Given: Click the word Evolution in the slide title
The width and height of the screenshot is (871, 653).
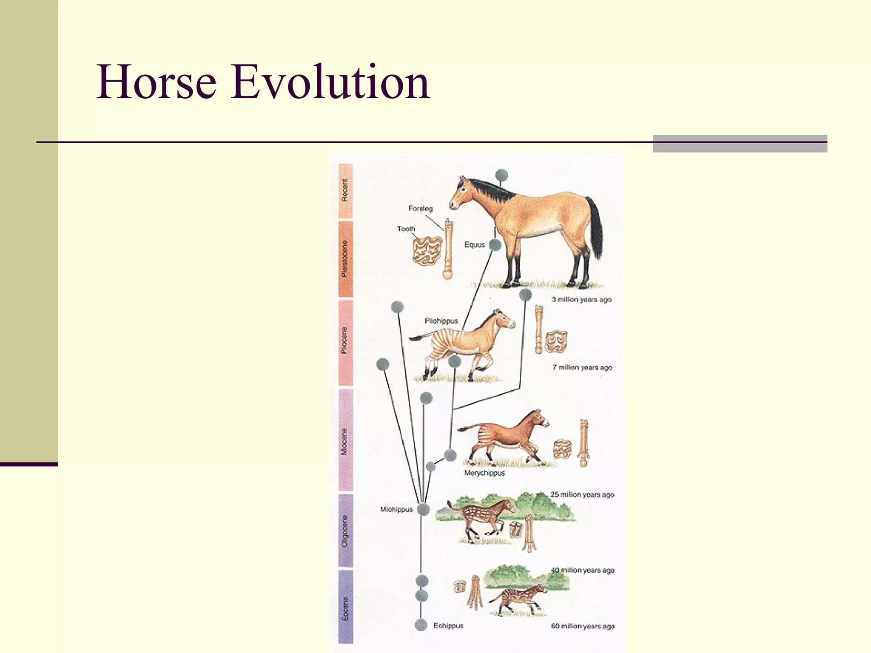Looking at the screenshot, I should pyautogui.click(x=330, y=82).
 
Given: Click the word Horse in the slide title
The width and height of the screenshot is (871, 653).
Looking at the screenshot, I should pyautogui.click(x=156, y=82).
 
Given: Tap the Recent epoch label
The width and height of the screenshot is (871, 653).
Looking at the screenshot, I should pyautogui.click(x=345, y=190).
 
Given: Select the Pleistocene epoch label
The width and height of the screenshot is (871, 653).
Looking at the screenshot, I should pyautogui.click(x=345, y=258).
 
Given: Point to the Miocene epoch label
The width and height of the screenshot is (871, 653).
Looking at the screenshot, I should pyautogui.click(x=345, y=441).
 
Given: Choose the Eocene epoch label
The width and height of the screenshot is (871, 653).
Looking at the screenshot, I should pyautogui.click(x=345, y=608).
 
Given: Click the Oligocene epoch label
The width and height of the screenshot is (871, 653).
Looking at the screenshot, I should pyautogui.click(x=345, y=531).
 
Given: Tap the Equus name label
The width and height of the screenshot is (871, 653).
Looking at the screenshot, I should pyautogui.click(x=475, y=244).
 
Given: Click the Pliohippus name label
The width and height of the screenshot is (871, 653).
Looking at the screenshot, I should pyautogui.click(x=441, y=321).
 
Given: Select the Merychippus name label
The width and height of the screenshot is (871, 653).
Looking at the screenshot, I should pyautogui.click(x=484, y=473).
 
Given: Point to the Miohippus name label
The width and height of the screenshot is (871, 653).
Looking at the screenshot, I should pyautogui.click(x=396, y=509).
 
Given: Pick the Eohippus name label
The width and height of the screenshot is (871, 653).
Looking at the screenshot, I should pyautogui.click(x=448, y=625).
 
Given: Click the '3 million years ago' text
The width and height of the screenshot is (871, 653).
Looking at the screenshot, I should pyautogui.click(x=581, y=299).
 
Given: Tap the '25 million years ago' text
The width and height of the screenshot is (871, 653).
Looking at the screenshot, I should pyautogui.click(x=582, y=494).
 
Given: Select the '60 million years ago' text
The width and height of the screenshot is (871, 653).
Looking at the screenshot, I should pyautogui.click(x=583, y=626).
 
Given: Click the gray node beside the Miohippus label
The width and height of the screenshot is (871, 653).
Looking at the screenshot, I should pyautogui.click(x=423, y=509).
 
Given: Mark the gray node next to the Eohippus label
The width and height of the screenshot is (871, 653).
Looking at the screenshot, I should pyautogui.click(x=421, y=625).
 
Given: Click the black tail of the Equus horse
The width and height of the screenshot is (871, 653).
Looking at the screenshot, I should pyautogui.click(x=595, y=225).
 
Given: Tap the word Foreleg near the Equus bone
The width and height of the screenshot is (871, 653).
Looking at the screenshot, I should pyautogui.click(x=420, y=208).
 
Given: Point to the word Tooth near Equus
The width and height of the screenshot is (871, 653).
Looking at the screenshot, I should pyautogui.click(x=406, y=229).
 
